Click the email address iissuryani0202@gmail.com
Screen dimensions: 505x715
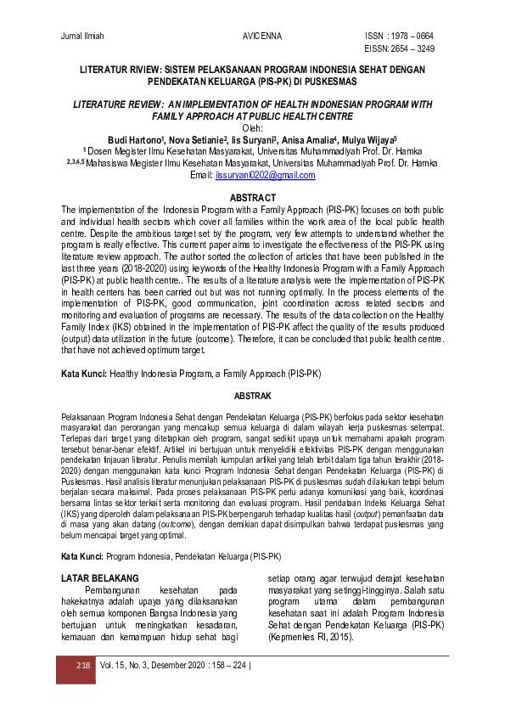coord(265,176)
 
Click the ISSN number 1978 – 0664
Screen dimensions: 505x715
coord(412,37)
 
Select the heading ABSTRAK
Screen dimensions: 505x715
coord(252,396)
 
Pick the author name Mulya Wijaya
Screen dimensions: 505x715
coord(365,140)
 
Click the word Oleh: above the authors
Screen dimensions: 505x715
coord(252,128)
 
